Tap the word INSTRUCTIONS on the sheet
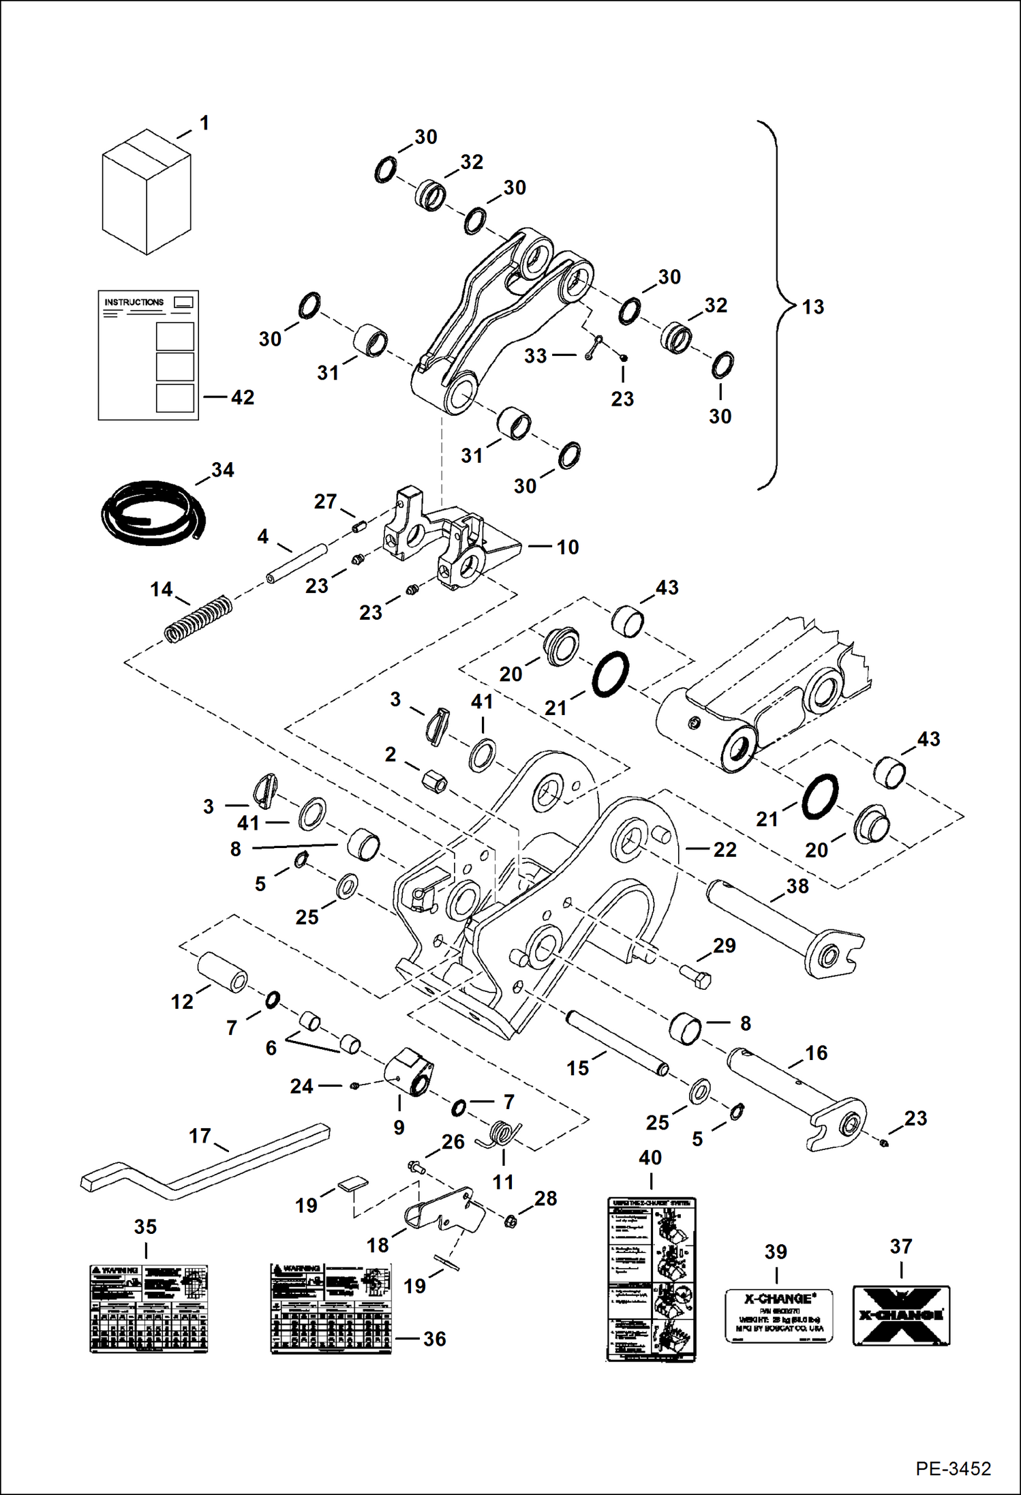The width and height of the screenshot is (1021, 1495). click(x=134, y=302)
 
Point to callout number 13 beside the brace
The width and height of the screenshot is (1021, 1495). click(x=812, y=307)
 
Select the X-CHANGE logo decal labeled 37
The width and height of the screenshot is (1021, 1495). click(x=901, y=1316)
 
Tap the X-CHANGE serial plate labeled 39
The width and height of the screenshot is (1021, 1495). click(x=779, y=1315)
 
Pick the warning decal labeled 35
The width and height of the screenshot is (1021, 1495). click(x=149, y=1309)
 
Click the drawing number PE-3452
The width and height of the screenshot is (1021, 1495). click(x=953, y=1468)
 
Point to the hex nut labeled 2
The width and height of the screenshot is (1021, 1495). click(x=433, y=781)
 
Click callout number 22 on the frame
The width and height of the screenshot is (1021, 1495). click(x=725, y=849)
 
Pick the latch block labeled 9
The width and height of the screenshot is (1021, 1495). click(x=408, y=1073)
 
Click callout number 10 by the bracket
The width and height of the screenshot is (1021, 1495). click(x=567, y=547)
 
